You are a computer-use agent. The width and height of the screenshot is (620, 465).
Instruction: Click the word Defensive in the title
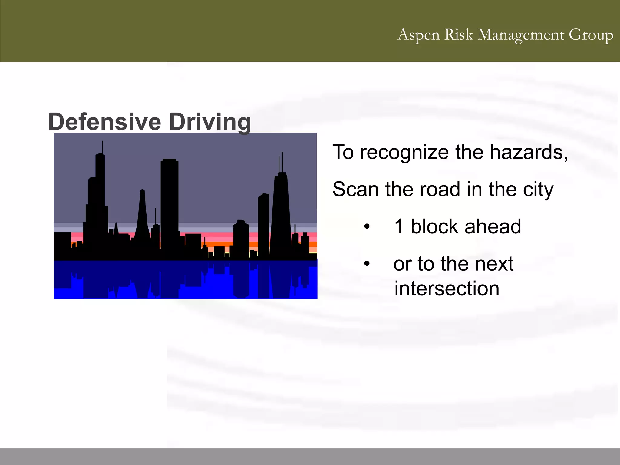point(104,122)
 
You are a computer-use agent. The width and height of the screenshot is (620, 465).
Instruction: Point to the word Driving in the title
point(210,122)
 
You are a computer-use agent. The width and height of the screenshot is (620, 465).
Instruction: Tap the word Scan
point(355,190)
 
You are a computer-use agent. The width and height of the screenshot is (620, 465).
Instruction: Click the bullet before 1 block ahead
point(367,226)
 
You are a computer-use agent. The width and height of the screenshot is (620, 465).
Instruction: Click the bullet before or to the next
point(367,264)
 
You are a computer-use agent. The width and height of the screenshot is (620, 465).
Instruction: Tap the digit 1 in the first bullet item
point(399,226)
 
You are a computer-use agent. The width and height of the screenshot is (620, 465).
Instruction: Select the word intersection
point(447,289)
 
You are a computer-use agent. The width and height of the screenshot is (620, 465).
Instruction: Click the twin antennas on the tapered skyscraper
point(281,162)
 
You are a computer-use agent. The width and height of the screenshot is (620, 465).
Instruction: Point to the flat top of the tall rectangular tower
point(169,160)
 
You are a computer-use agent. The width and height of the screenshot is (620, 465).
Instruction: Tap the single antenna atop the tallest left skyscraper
point(103,147)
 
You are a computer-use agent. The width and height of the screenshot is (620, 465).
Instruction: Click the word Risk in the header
point(458,35)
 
